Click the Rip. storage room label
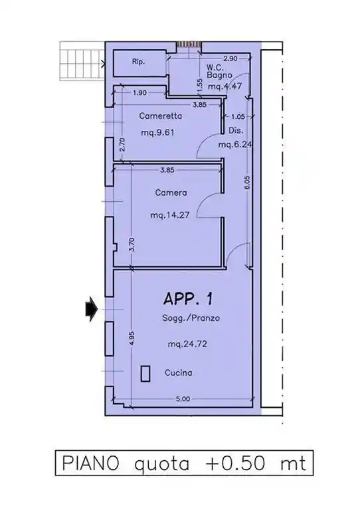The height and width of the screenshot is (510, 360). pos(138,62)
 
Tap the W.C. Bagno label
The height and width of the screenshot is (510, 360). pos(220,72)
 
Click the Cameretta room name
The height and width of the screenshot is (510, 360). pos(160,116)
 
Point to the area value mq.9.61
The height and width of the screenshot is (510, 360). pos(157,133)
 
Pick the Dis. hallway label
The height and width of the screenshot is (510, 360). pos(236,130)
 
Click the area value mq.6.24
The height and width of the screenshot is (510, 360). pos(235,144)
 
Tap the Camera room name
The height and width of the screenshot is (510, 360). pos(171,193)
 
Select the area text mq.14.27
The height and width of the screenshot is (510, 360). pos(170,215)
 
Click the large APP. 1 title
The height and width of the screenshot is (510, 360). pos(188,299)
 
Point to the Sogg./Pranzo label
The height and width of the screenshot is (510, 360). pos(191,318)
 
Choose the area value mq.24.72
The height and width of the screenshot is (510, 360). pos(187,344)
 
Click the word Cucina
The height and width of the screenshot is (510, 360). pos(178,373)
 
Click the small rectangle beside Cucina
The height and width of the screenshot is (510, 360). pos(145,373)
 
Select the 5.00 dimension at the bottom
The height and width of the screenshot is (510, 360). pos(183,398)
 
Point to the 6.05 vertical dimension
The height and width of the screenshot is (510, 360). pos(247,183)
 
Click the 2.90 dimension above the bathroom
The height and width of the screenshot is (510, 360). pos(230,58)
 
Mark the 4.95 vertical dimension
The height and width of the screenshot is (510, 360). pos(132,339)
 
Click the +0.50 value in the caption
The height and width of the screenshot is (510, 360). pos(236,463)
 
